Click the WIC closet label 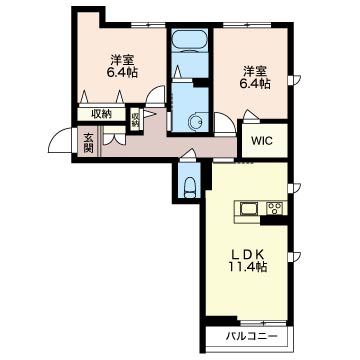click(262, 141)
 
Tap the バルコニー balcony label click(251, 336)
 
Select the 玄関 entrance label click(88, 143)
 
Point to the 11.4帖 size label click(247, 267)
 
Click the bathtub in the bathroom click(189, 41)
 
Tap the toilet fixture click(189, 188)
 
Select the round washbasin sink click(196, 122)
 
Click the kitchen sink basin click(249, 209)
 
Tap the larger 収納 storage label click(101, 114)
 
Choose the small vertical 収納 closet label click(135, 120)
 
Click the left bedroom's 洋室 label click(122, 60)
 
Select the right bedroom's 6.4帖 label click(255, 83)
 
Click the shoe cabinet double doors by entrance click(114, 139)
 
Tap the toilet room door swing click(188, 154)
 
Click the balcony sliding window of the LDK click(263, 323)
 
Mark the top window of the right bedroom click(247, 25)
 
